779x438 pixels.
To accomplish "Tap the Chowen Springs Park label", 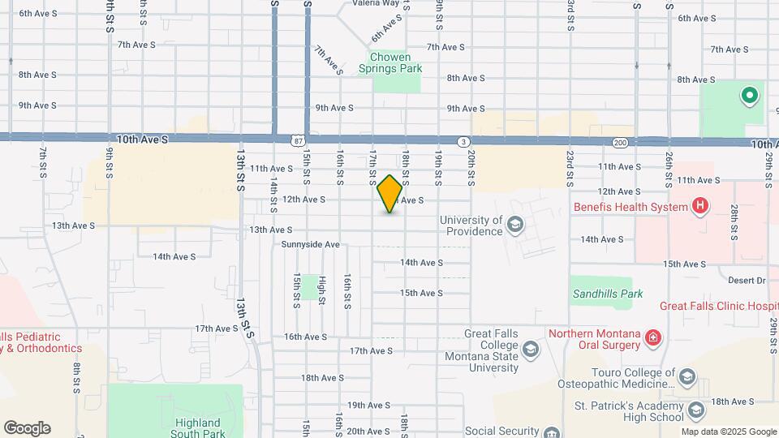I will tap(396, 62).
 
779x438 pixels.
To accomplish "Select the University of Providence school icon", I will tap(514, 223).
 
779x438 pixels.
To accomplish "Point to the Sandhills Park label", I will tap(606, 294).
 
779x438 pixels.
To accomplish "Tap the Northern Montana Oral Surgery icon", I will tap(653, 337).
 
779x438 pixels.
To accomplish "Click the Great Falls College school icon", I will tap(531, 350).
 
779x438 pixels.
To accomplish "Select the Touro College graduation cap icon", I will tap(687, 377).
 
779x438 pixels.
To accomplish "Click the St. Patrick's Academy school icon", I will tap(695, 409).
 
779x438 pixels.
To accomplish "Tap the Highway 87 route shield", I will tap(299, 140).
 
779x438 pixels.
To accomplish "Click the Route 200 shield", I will tap(621, 143).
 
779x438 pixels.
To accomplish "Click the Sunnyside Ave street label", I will tap(310, 244).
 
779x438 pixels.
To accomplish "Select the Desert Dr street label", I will tap(747, 281).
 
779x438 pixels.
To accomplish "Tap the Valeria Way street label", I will tap(376, 3).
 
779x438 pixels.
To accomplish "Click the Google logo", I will tap(27, 428).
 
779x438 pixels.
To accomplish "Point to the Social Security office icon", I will tap(552, 432).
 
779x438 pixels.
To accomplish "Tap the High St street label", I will tap(322, 290).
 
